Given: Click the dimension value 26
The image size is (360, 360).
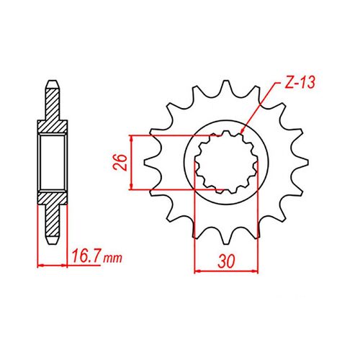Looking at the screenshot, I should (x=120, y=162).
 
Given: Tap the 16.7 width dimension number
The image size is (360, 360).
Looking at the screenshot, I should (x=86, y=257).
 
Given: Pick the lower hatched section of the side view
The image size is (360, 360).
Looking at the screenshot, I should (x=52, y=201).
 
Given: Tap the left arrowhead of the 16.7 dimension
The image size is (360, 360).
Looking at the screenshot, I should (x=40, y=266).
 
